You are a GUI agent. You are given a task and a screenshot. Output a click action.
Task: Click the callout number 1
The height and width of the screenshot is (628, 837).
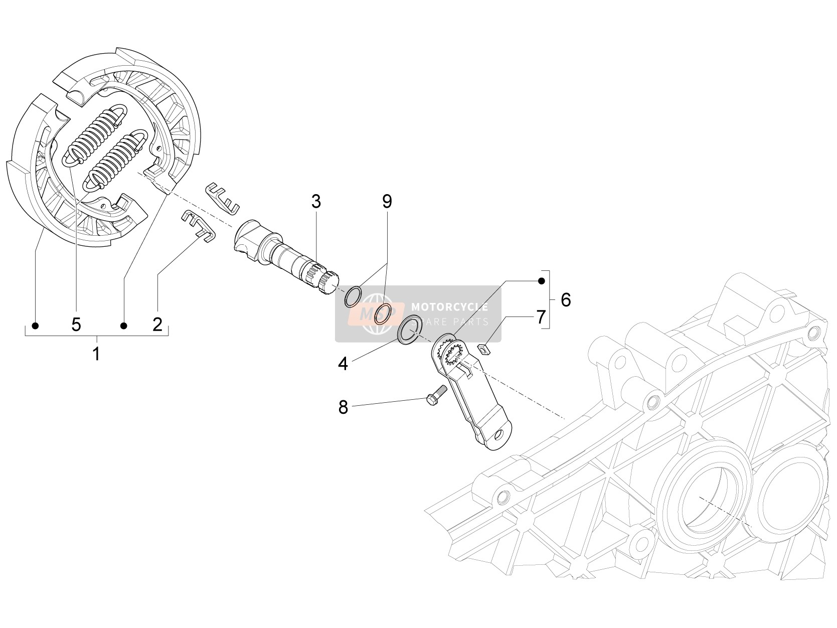pos(96,354)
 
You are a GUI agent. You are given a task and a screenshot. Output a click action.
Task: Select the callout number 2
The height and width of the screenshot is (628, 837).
pos(157,325)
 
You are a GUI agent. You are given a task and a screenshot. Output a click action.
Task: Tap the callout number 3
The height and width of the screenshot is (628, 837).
pos(316,202)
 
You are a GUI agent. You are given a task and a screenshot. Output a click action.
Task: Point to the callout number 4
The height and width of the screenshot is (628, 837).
pos(343,364)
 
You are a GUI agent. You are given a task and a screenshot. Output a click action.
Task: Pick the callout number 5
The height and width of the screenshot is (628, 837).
pos(76,325)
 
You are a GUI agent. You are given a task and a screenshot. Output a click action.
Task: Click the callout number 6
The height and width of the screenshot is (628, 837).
pos(566,299)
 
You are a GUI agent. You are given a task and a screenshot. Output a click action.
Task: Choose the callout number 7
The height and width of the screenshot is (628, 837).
pos(541,317)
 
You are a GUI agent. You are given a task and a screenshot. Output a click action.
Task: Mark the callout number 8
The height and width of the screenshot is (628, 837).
pos(343,408)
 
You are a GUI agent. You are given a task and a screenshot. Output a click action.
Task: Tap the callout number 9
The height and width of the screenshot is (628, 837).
pos(387,201)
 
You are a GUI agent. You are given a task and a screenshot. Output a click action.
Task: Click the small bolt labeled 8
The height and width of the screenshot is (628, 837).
pos(436,395)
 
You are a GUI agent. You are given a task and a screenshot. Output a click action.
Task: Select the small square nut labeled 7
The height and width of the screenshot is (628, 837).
pos(483,349)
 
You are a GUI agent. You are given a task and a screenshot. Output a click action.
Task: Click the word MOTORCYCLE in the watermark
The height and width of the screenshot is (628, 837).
pos(449,307)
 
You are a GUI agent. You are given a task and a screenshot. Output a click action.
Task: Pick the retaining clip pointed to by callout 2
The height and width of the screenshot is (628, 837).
pos(198,225)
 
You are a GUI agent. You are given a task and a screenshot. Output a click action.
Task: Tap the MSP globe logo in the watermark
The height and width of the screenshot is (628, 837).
pos(377,313)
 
